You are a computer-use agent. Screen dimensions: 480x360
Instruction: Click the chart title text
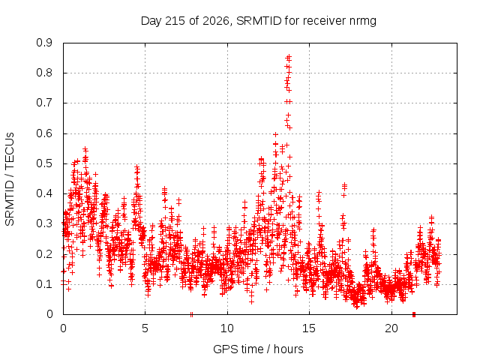(258, 21)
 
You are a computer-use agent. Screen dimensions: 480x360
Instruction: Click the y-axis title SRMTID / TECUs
(10, 179)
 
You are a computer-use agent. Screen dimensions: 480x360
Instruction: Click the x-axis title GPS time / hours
(258, 349)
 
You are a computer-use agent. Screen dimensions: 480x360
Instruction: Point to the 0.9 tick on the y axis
(44, 43)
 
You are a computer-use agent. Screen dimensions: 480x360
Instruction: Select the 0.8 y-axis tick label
(44, 73)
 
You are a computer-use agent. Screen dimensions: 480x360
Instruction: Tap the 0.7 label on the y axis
(44, 103)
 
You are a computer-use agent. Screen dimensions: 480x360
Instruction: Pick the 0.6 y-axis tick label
(44, 133)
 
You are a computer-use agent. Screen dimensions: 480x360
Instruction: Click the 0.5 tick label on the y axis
(44, 163)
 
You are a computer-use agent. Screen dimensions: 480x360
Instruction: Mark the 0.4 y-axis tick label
(44, 193)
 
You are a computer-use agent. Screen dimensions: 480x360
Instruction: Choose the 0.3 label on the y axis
(44, 223)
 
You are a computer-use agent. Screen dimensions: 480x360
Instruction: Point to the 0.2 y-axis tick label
(44, 254)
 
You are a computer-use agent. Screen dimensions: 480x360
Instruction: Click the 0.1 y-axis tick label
(44, 284)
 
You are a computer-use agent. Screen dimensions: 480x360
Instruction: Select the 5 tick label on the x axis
(145, 328)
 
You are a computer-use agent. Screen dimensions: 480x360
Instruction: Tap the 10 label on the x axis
(226, 328)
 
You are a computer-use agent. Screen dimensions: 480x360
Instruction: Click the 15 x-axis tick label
(309, 328)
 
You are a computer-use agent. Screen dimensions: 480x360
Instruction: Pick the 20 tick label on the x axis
(391, 328)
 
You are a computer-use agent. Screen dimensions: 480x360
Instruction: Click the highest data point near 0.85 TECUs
(288, 57)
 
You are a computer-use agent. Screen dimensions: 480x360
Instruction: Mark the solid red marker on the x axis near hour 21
(414, 314)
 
